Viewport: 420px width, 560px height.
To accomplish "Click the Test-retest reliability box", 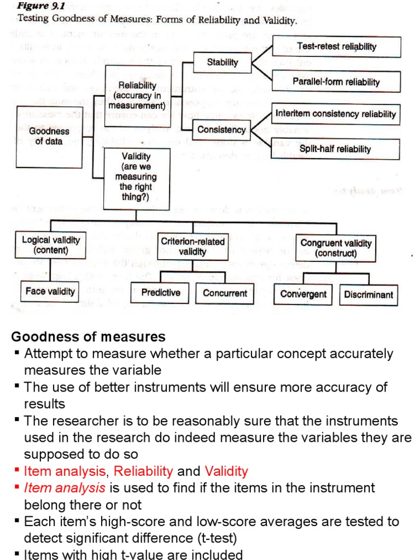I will pos(336,47).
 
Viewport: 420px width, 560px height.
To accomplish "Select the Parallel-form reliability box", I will pos(336,81).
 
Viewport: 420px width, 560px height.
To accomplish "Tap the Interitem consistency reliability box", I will pos(336,114).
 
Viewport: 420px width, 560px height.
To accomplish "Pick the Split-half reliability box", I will pos(335,149).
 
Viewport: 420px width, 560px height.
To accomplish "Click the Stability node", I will pos(223,62).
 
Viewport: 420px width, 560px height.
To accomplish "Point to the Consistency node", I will pos(221,130).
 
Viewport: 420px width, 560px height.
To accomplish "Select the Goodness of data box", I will pos(49,136).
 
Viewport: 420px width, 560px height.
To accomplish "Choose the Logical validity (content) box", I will pos(51,245).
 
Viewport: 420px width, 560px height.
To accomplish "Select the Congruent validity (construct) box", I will pos(336,248).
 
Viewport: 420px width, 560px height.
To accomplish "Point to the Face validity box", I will pos(50,291).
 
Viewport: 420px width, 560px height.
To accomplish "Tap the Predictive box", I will pos(161,293).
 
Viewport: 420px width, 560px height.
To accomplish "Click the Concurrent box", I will pos(225,293).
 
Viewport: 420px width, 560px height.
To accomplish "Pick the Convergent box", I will pos(303,294).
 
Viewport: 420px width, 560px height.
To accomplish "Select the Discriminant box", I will pos(369,294).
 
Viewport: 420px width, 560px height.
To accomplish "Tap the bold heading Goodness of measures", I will pos(89,336).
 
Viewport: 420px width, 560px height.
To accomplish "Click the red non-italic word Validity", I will pos(226,471).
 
